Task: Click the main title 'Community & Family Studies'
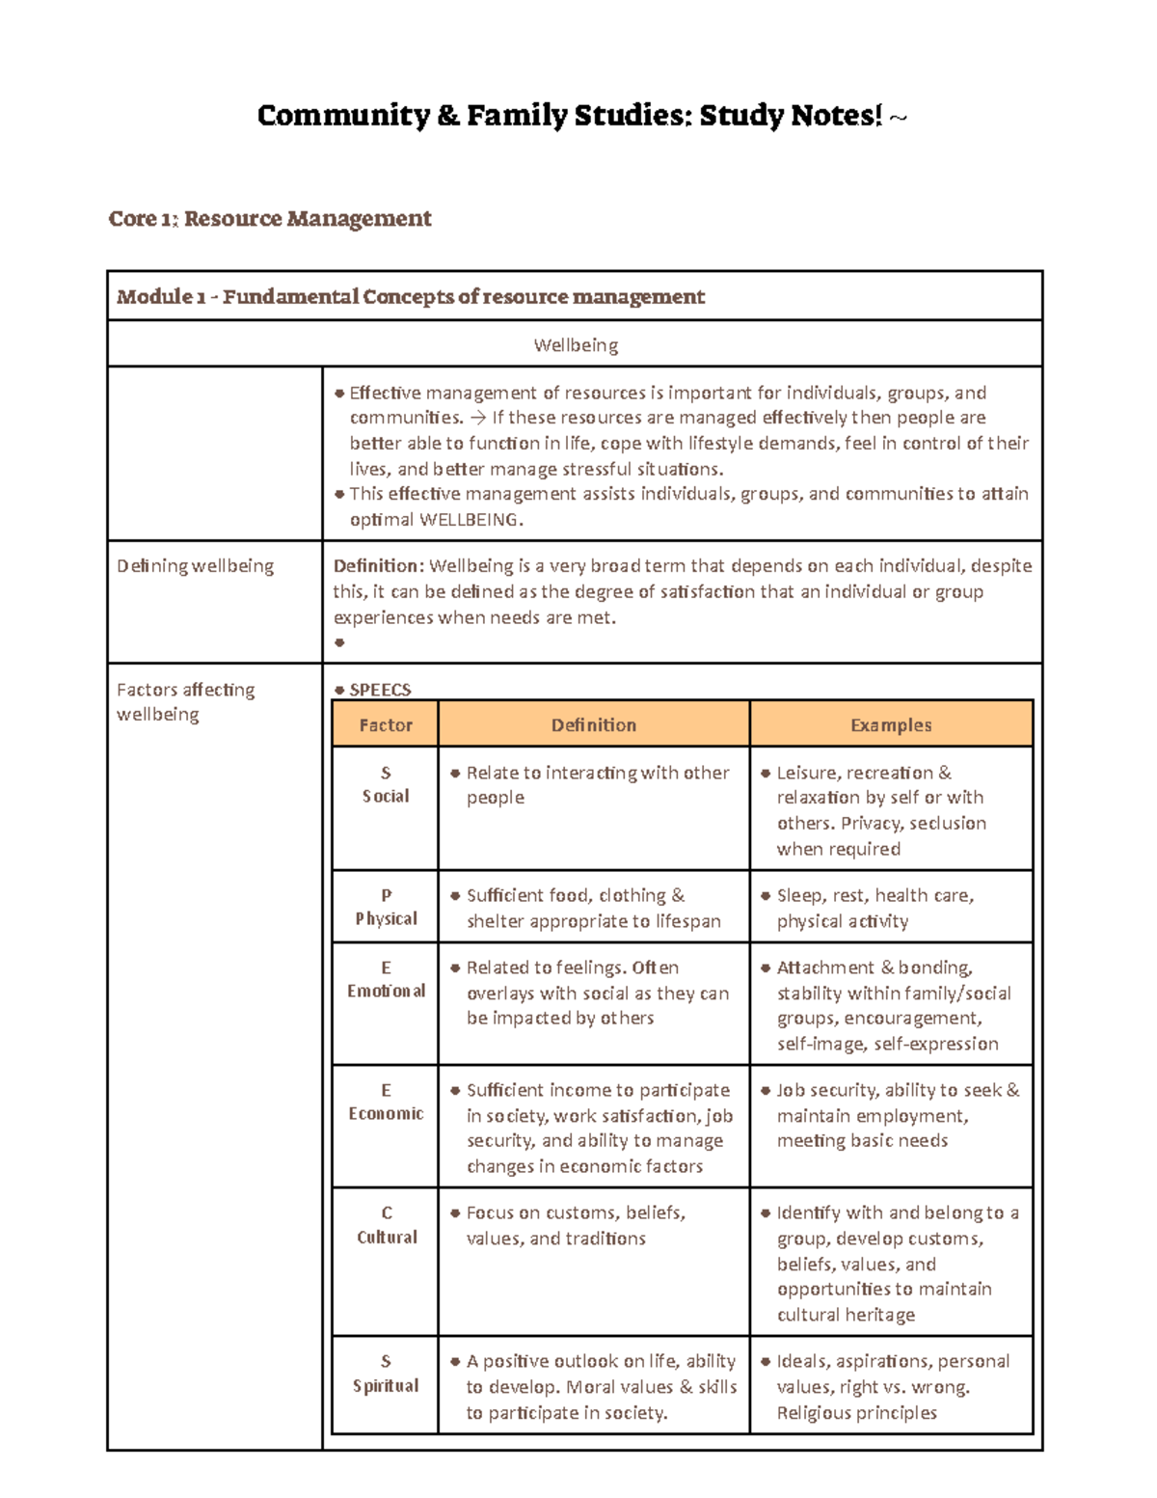click(x=569, y=116)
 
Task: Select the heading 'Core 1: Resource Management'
click(x=270, y=219)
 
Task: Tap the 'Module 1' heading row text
click(x=411, y=297)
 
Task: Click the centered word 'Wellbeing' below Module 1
click(x=576, y=345)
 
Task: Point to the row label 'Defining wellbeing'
click(x=196, y=566)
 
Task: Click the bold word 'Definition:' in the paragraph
click(x=378, y=566)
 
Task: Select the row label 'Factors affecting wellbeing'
click(x=185, y=701)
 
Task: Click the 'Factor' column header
click(x=386, y=725)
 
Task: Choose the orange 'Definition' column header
click(x=594, y=725)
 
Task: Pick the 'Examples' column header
click(x=891, y=725)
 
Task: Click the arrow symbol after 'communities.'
click(x=478, y=418)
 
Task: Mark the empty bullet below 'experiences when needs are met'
click(x=339, y=642)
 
